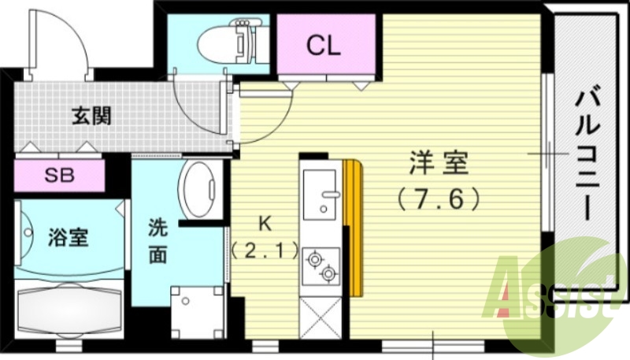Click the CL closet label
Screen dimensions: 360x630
pyautogui.click(x=324, y=46)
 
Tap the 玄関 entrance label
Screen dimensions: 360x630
pyautogui.click(x=92, y=117)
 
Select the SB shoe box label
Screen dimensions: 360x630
pyautogui.click(x=59, y=175)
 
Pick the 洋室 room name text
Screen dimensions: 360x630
pyautogui.click(x=438, y=165)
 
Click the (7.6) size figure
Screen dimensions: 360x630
pyautogui.click(x=438, y=199)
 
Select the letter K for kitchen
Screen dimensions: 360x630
pyautogui.click(x=265, y=224)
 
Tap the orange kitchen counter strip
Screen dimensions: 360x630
pyautogui.click(x=353, y=225)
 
